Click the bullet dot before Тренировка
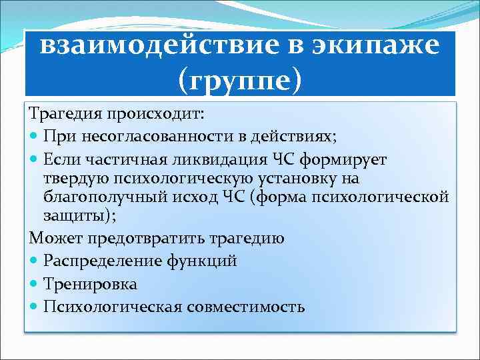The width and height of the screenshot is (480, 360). (x=35, y=285)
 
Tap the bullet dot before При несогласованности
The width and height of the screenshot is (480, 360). (x=35, y=137)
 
